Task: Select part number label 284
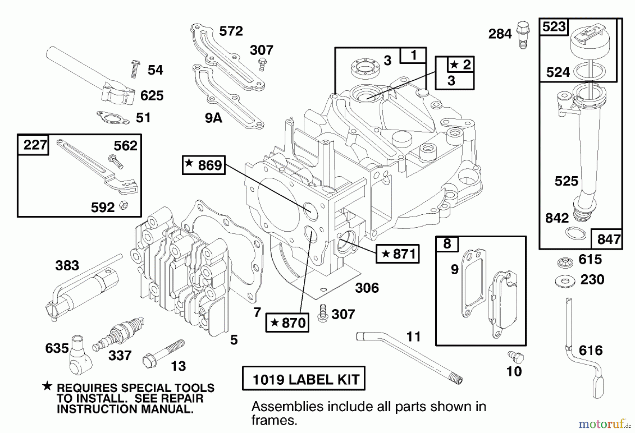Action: click(500, 34)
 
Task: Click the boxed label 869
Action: click(204, 165)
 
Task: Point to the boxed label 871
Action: click(398, 254)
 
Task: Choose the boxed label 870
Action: click(287, 323)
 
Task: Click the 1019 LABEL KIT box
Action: click(304, 379)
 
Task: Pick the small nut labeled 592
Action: click(123, 205)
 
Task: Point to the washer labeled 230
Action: click(565, 281)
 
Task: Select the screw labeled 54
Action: click(134, 69)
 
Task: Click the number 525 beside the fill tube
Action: click(566, 181)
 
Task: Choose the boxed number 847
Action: click(609, 239)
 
